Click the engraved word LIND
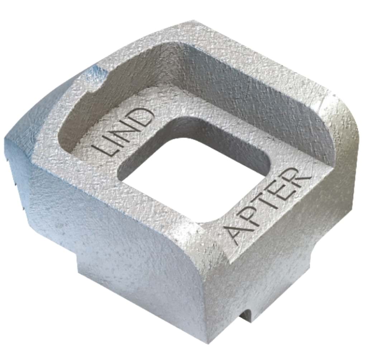(x=123, y=132)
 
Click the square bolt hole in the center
(x=197, y=180)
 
